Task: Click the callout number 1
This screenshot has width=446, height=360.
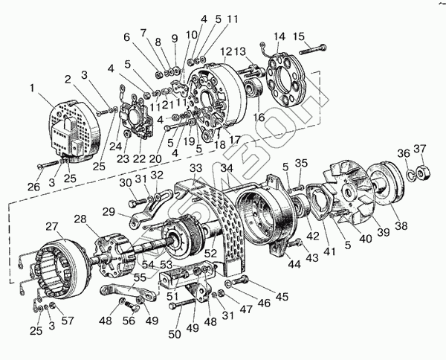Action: pos(32,88)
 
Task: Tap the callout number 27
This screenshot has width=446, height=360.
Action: pos(51,226)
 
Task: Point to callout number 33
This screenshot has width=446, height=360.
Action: pos(195,168)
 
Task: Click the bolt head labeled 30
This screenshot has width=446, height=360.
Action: pos(132,202)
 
